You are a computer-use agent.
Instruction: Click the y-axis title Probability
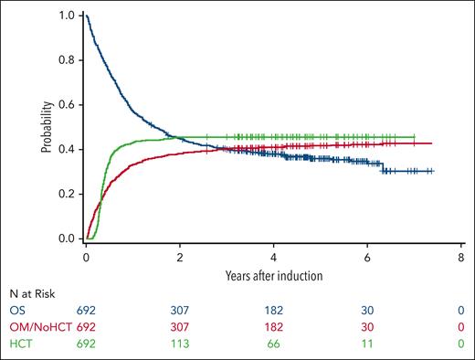[45, 126]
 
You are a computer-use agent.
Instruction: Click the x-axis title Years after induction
[274, 273]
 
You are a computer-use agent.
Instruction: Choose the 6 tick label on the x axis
[368, 257]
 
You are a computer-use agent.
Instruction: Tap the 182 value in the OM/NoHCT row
[275, 326]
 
